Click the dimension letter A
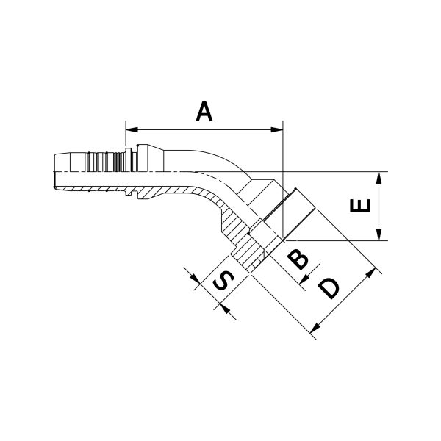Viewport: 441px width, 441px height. pos(204,112)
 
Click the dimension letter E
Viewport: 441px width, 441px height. pos(360,205)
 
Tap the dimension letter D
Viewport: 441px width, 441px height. pos(329,289)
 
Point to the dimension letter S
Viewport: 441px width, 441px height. pos(223,282)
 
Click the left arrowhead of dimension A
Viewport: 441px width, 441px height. pos(132,129)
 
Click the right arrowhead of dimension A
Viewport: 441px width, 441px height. pos(277,129)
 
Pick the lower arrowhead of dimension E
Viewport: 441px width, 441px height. pos(379,234)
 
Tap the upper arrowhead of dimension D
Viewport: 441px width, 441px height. pos(371,273)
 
